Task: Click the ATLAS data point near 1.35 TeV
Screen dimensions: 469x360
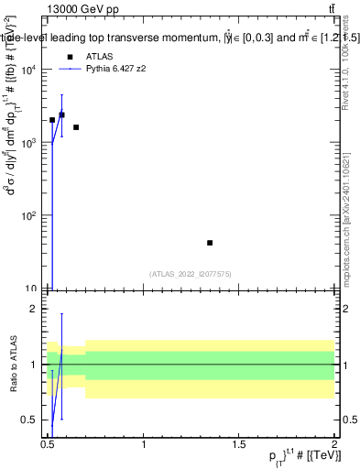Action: coord(210,243)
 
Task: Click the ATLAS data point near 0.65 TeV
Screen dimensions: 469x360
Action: coord(76,127)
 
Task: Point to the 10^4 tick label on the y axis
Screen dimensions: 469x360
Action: coord(32,70)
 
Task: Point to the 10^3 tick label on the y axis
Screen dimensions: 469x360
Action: coord(32,143)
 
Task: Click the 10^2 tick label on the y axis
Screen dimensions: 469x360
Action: coord(32,216)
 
